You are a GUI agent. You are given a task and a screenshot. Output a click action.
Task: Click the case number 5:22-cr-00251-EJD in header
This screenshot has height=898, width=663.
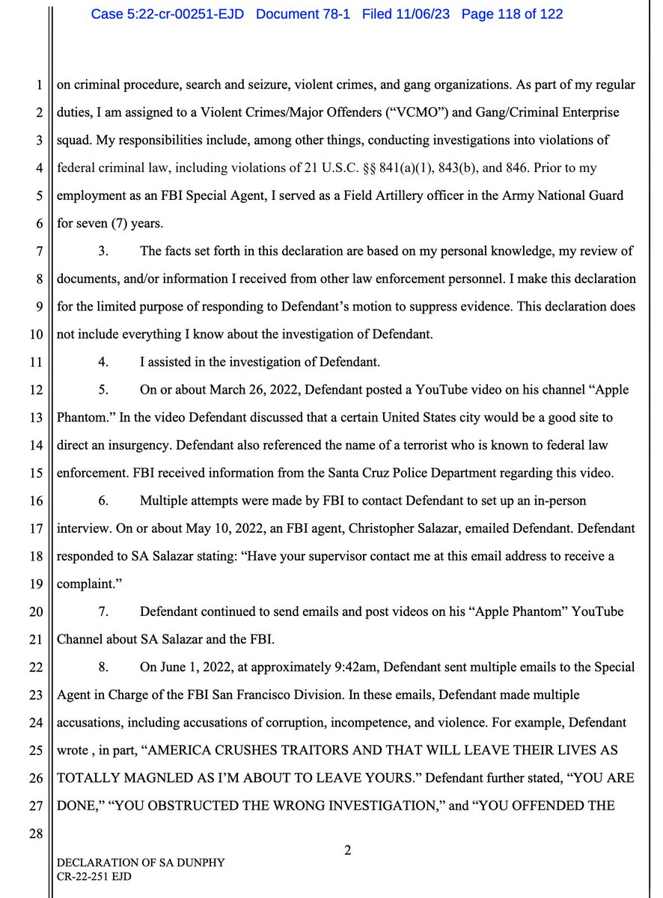[171, 13]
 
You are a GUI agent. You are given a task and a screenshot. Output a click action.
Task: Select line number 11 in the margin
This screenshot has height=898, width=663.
[34, 362]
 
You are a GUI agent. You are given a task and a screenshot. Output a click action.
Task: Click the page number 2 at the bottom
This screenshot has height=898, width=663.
[347, 850]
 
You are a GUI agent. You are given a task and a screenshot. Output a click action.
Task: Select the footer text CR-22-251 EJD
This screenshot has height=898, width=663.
[96, 876]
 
